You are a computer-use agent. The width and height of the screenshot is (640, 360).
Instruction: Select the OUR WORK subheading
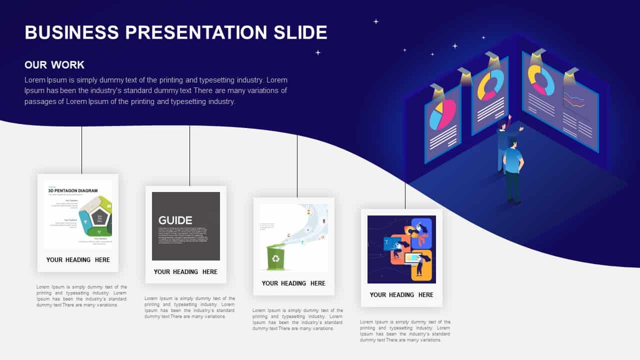pos(54,65)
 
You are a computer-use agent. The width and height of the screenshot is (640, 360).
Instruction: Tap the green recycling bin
pos(275,257)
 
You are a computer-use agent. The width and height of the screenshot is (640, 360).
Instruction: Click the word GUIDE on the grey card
pos(175,220)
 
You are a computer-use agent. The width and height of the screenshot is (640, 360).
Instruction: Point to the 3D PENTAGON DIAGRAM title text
pos(73,190)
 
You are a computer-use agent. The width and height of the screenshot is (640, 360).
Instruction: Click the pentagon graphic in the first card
pos(98,216)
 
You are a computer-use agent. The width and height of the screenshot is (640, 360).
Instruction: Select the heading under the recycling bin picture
pos(293,283)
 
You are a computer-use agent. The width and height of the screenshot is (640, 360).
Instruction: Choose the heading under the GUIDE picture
pos(185,271)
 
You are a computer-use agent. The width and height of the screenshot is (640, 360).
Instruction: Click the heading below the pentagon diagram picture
pos(78,259)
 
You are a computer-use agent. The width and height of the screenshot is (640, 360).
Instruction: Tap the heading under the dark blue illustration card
pos(401,294)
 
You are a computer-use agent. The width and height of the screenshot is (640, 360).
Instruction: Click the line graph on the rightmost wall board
pos(573,100)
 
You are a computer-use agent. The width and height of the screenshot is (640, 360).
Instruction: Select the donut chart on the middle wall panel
pos(490,85)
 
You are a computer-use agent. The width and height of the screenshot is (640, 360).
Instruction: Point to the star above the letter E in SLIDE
pos(317,52)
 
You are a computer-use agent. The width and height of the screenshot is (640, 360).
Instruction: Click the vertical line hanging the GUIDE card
pos(189,155)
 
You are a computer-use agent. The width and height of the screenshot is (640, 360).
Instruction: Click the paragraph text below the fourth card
pos(405,331)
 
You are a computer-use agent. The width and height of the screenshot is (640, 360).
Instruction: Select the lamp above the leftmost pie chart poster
pos(437,90)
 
